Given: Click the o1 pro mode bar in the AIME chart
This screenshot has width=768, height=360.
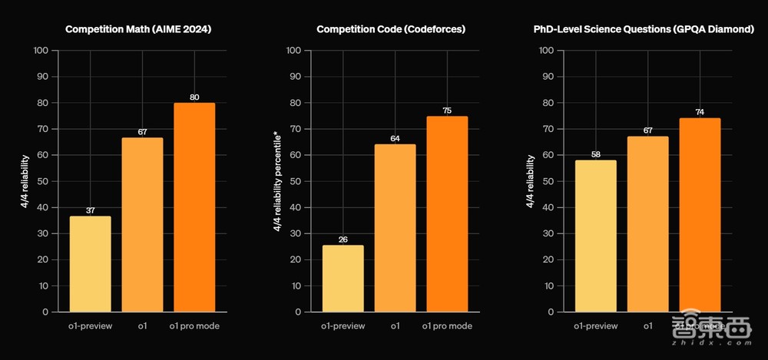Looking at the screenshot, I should pos(194,207).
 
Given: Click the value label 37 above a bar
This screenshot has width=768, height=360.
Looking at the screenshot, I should pos(90,211).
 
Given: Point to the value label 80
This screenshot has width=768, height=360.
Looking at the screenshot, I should pos(194,97).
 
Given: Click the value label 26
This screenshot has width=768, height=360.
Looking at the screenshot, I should pos(343,239).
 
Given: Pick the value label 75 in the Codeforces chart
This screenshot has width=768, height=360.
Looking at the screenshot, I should pos(447,111).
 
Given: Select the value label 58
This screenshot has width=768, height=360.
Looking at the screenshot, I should pos(595,154).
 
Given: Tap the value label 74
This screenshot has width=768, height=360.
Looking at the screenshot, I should pos(700,113).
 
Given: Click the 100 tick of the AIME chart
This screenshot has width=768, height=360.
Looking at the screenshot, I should pos(41,51).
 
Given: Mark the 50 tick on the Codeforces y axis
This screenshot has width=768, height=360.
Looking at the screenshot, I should pos(293,181).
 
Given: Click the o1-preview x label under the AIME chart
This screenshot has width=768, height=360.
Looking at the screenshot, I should pos(90,326).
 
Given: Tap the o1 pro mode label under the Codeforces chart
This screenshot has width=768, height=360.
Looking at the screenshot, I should pos(447,326).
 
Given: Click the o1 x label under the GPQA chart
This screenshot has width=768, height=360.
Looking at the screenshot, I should pos(647,326).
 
